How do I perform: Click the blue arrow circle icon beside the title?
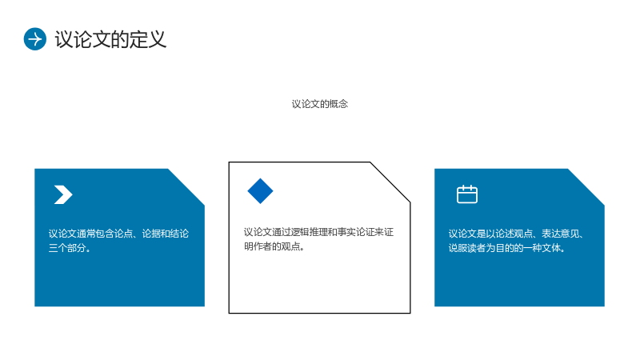[35, 39]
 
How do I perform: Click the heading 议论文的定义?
[110, 39]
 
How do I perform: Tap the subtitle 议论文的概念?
[319, 104]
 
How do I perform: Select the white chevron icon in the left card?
[63, 194]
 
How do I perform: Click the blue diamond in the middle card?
[261, 191]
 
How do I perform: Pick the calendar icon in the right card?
[467, 194]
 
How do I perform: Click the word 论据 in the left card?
[151, 234]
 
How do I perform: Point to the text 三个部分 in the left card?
[67, 248]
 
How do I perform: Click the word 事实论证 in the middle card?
[356, 232]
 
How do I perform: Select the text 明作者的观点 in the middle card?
[272, 246]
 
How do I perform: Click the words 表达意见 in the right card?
[560, 234]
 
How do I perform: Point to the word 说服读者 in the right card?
[467, 248]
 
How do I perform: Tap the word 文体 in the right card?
[551, 248]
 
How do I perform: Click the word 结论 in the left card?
[179, 234]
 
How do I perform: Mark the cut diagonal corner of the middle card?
[390, 182]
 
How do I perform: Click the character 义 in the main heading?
[157, 39]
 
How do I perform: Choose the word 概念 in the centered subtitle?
[338, 104]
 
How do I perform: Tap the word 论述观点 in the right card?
[514, 234]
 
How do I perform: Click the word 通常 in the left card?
[86, 234]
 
